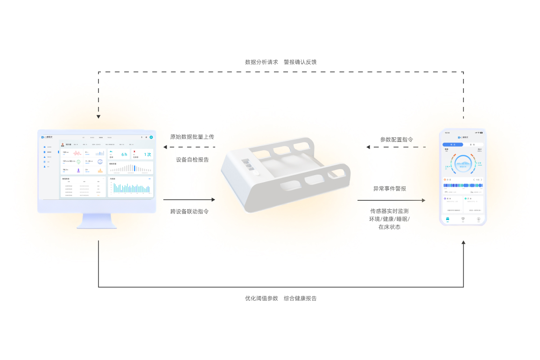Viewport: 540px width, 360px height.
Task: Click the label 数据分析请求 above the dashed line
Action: [x=261, y=62]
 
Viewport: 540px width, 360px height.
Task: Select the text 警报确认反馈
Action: [x=300, y=62]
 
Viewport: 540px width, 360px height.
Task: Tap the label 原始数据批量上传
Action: [x=192, y=137]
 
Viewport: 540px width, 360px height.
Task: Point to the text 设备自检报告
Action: [x=192, y=160]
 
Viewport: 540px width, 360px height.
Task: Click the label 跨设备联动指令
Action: [x=189, y=212]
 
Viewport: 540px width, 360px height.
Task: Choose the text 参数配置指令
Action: [x=396, y=140]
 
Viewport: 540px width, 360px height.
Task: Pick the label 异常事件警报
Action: [x=389, y=189]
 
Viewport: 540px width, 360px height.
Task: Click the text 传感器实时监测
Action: [x=389, y=211]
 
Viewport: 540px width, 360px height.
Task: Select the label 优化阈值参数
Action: [x=261, y=298]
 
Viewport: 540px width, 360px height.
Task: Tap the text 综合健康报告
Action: [x=300, y=298]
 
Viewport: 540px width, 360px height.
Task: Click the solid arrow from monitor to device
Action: [x=189, y=200]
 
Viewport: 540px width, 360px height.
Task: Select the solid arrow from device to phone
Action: [x=391, y=200]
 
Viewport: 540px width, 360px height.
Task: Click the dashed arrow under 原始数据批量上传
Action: [x=189, y=147]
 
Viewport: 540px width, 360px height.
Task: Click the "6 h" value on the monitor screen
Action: [x=124, y=154]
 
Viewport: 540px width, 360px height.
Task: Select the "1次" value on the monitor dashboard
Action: [x=147, y=154]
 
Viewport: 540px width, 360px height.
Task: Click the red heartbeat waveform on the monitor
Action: [x=77, y=153]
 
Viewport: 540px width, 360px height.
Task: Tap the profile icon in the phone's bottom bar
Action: [x=478, y=219]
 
